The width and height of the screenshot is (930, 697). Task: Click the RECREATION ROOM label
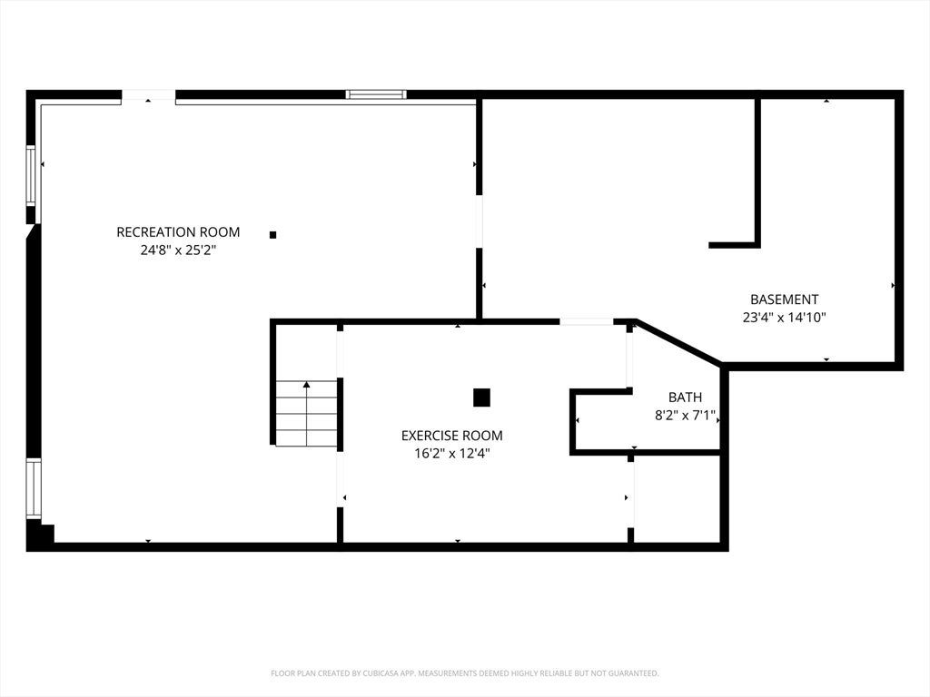(178, 231)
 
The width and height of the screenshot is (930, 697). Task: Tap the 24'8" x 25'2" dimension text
(178, 250)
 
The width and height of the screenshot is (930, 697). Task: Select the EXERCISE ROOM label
(452, 436)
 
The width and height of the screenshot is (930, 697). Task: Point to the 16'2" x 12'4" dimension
(452, 454)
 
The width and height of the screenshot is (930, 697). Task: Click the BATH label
(685, 398)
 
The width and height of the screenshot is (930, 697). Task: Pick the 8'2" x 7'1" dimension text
(685, 416)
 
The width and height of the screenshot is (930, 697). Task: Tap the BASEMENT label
(784, 299)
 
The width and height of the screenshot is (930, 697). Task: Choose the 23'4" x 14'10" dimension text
(784, 318)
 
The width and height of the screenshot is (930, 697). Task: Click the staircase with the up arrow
(306, 413)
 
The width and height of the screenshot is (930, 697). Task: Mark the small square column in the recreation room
(272, 235)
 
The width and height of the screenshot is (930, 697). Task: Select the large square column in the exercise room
(481, 398)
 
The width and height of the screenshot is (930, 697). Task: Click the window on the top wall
(376, 94)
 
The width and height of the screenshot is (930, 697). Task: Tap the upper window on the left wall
(31, 175)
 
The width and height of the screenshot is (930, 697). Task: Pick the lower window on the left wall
(34, 489)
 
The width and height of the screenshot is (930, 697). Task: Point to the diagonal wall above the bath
(678, 342)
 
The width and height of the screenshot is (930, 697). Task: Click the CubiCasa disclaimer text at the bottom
(464, 673)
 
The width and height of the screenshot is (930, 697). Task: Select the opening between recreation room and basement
(480, 221)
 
